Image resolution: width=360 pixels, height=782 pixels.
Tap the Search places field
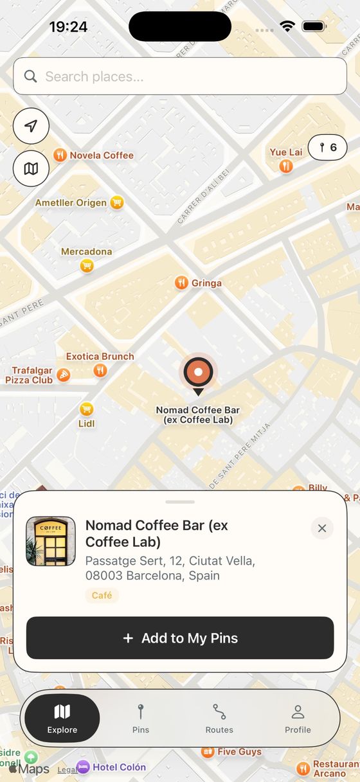point(180,76)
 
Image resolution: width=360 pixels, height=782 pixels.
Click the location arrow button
point(31,126)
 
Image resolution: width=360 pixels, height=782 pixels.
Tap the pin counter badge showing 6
point(328,148)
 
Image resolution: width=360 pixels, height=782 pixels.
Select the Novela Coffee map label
point(102,156)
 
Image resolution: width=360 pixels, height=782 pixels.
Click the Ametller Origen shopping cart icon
point(116,202)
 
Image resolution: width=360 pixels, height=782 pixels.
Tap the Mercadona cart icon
point(87,265)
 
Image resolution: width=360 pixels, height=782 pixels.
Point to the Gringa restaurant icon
point(182,283)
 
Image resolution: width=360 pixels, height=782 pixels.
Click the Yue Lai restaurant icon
point(286,166)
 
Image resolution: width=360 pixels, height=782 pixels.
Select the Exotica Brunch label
point(100,357)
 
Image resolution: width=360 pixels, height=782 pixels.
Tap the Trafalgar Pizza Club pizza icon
point(63,375)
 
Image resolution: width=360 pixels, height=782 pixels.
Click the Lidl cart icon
point(86,409)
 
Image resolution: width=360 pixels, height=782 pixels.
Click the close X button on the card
point(322,528)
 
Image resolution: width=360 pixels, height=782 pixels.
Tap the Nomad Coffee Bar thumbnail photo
point(51,541)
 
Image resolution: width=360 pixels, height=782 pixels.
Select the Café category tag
point(102,596)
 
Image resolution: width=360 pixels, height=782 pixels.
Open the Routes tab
point(219,718)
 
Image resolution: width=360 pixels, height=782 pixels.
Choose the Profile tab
point(298,718)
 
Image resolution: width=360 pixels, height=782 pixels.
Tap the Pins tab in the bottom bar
point(141,718)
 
